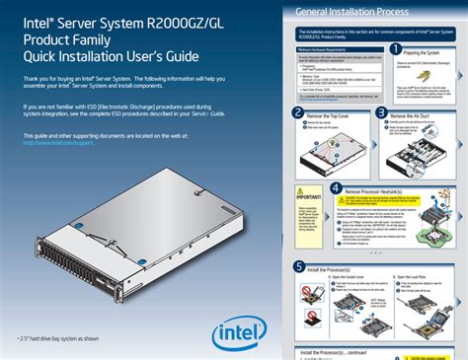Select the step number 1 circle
coord(394,48)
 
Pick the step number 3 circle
coord(381,114)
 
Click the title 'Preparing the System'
coord(427,51)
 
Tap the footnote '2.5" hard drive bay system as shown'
coord(58,338)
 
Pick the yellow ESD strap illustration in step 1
coord(428,75)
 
